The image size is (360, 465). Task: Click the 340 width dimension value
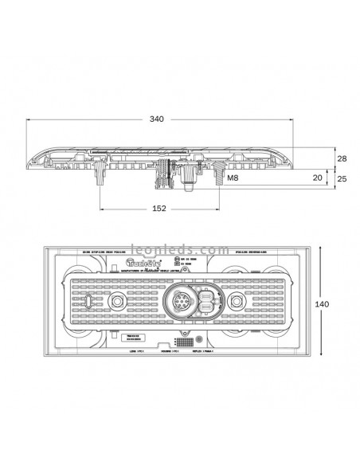tap(157, 119)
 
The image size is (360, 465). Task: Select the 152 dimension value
tap(158, 209)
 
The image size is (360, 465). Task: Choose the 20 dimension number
tap(318, 178)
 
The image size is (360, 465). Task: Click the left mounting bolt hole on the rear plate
tap(116, 303)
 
